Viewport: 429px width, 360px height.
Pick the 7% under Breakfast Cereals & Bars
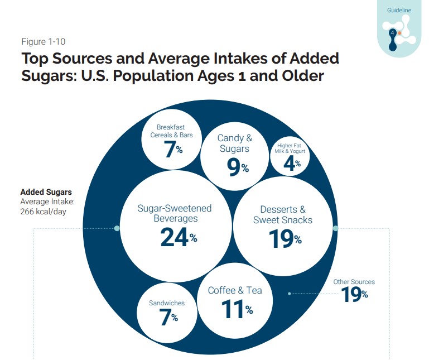click(173, 150)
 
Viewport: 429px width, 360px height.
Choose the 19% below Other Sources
click(354, 294)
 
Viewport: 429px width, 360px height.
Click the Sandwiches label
click(166, 303)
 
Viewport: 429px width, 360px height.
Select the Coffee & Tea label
click(235, 290)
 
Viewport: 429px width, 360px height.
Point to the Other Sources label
click(354, 282)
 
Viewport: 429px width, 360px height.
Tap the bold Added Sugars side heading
click(46, 192)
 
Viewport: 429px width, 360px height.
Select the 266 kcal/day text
click(43, 212)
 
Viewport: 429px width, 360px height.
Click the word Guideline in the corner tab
click(399, 11)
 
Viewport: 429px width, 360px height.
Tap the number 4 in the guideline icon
click(393, 33)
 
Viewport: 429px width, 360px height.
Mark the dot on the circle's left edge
click(117, 228)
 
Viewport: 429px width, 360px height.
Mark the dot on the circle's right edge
click(335, 228)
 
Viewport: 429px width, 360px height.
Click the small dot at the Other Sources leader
click(289, 294)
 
